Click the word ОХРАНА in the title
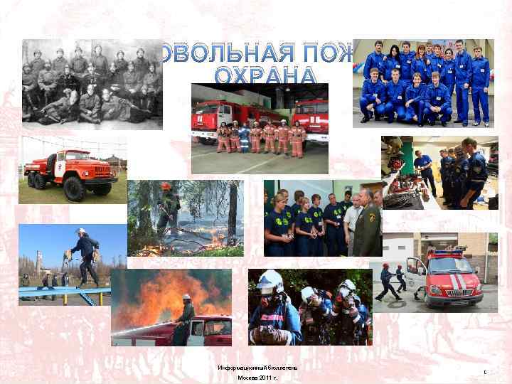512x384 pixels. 265,75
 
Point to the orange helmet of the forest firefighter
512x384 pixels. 165,186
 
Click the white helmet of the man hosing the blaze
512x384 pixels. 186,297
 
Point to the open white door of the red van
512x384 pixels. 417,273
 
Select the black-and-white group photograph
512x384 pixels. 92,84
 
